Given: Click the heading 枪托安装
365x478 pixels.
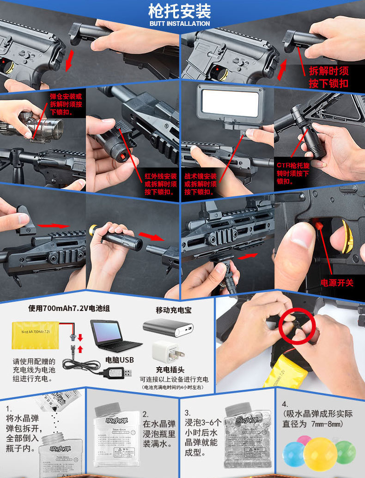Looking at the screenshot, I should click(x=180, y=11).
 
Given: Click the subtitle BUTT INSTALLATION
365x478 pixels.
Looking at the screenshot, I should click(x=180, y=24).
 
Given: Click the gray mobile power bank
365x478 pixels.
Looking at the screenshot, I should click(x=168, y=328).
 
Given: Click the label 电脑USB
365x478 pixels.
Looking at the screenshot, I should click(x=120, y=359).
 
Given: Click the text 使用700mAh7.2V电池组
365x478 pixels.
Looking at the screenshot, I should click(x=69, y=308).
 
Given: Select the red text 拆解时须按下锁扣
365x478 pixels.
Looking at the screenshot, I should click(x=328, y=77).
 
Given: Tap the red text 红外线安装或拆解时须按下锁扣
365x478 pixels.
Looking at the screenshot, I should click(x=160, y=184).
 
